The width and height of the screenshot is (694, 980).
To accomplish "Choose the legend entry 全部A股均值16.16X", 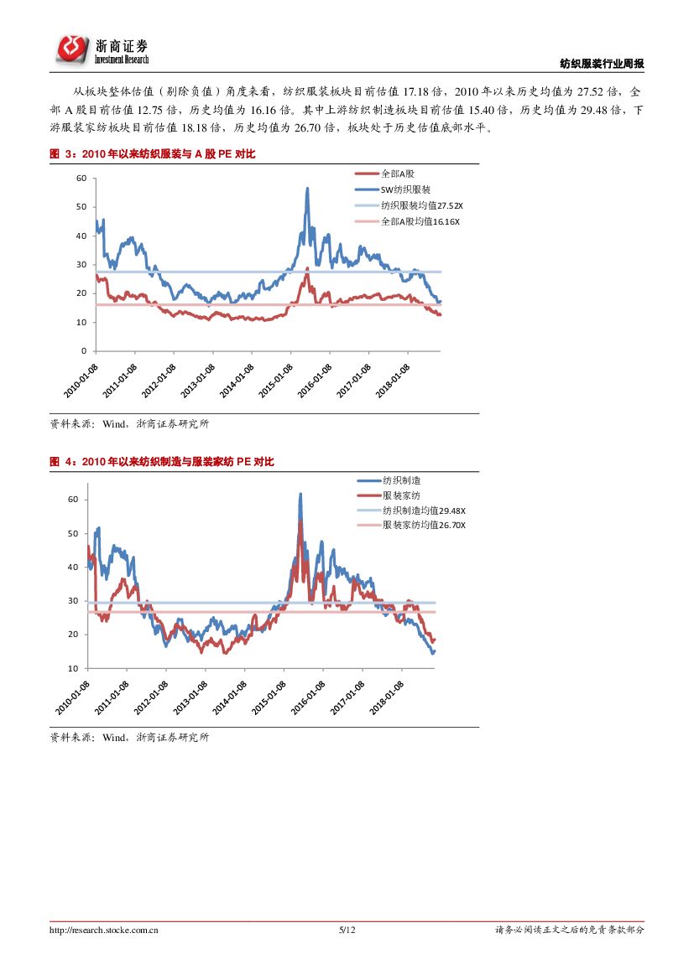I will click(x=420, y=221).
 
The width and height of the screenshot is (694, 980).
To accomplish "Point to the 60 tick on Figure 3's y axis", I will click(x=81, y=178).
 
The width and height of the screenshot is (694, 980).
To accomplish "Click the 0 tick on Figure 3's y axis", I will click(x=84, y=350).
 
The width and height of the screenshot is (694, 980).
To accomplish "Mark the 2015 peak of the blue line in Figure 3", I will click(x=307, y=189).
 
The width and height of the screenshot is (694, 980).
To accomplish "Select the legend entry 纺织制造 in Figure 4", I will click(x=401, y=480).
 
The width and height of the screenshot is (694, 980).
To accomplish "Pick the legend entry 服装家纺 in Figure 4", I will click(x=401, y=495).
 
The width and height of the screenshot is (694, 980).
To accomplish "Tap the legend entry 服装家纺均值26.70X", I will click(x=424, y=525).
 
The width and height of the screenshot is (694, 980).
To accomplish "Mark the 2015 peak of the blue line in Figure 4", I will click(x=300, y=495).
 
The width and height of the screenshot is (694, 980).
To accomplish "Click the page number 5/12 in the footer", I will click(x=347, y=930).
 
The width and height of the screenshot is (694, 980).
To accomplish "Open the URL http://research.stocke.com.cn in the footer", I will click(x=105, y=930).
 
